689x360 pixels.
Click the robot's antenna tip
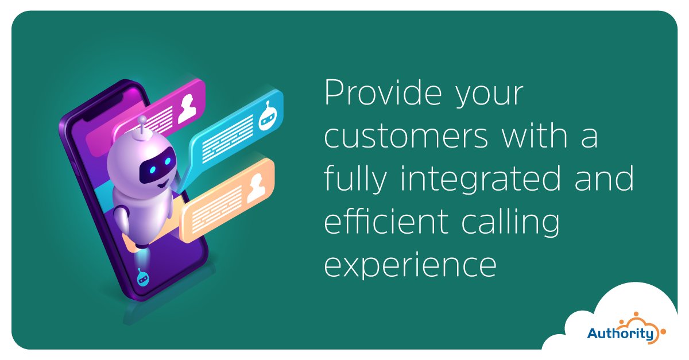pyautogui.click(x=142, y=119)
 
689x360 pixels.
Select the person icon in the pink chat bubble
pyautogui.click(x=187, y=108)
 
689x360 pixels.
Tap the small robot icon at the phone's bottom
pyautogui.click(x=142, y=278)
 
